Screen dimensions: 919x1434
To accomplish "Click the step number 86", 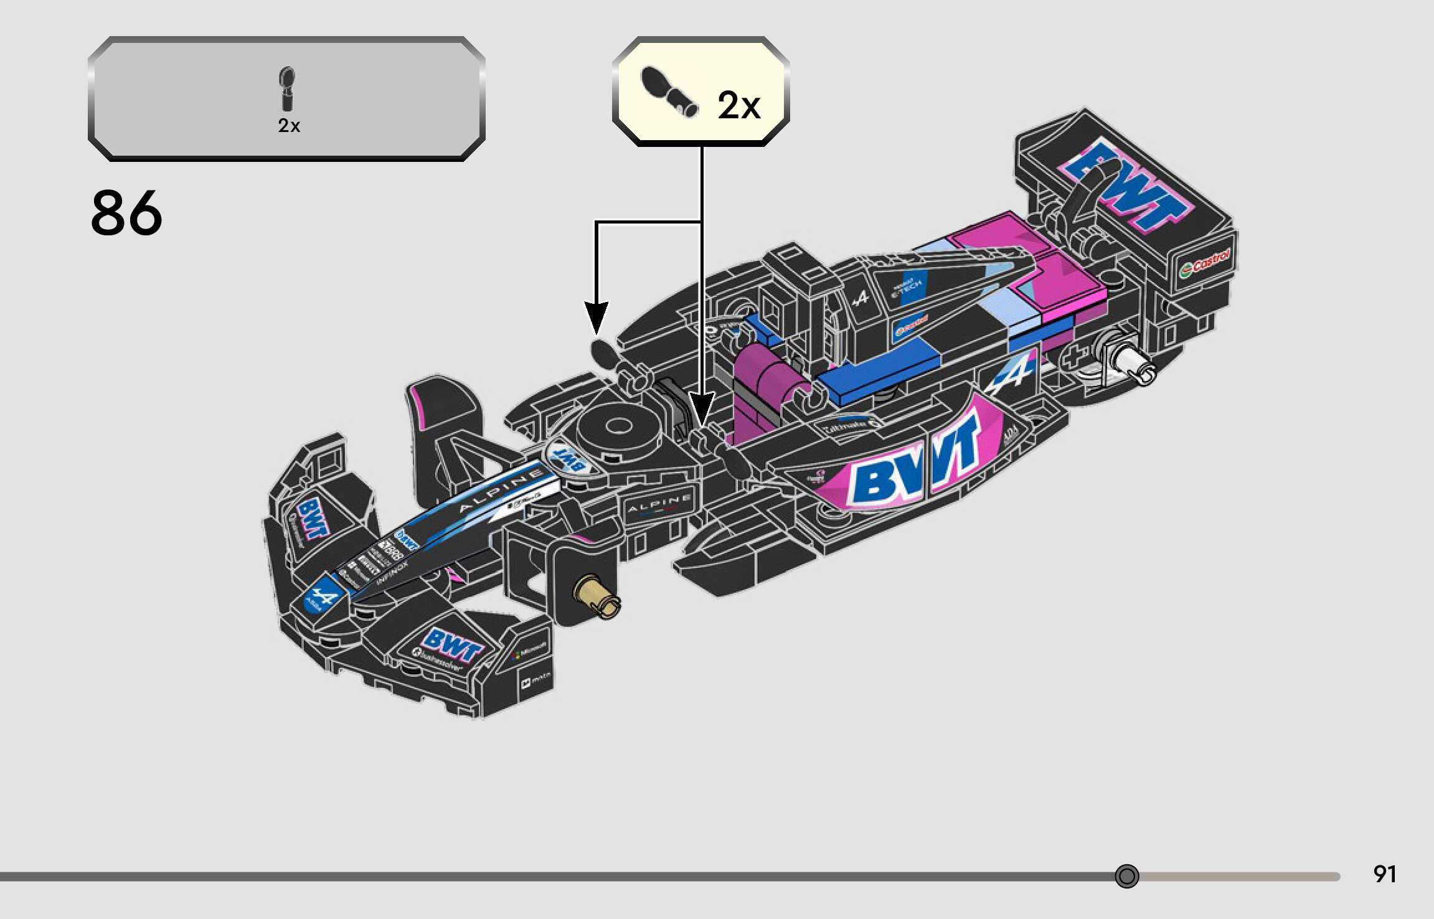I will (126, 213).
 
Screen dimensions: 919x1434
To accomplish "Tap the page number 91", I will (1384, 874).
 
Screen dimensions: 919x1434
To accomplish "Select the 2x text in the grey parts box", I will (289, 126).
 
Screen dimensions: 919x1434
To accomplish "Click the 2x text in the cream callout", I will (738, 105).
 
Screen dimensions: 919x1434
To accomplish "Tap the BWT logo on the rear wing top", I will (1127, 184).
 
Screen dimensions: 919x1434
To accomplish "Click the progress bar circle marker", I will (1126, 876).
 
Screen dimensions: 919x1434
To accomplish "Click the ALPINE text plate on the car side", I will (659, 504).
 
